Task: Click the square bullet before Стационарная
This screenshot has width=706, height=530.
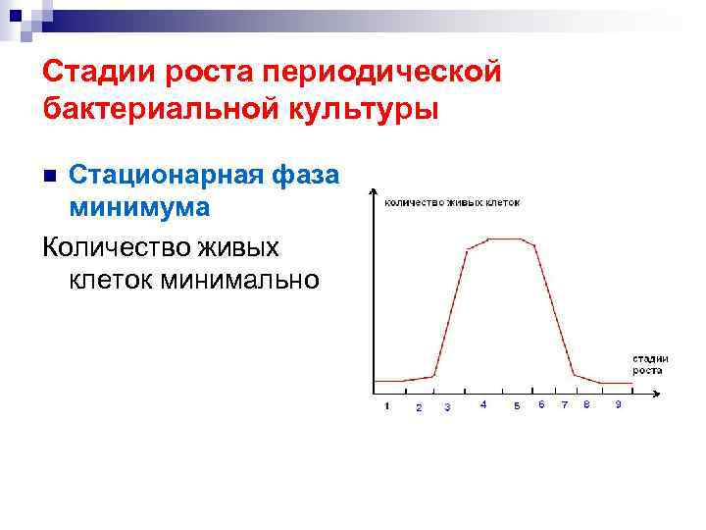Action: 51,177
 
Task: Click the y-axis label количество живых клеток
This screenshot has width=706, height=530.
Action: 452,202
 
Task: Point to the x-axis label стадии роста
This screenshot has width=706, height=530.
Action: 649,363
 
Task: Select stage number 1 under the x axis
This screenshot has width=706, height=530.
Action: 387,405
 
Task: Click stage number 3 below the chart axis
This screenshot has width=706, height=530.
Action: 448,406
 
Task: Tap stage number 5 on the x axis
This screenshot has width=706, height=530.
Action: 517,406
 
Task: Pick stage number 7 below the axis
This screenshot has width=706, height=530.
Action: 564,404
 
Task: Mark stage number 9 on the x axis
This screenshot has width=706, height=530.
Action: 618,404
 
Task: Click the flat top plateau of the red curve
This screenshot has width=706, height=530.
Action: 507,238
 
